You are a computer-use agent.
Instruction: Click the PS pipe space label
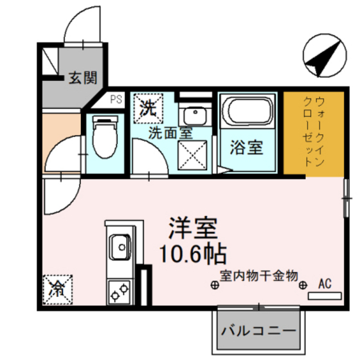tap(116, 100)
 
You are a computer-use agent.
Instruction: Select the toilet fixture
tap(102, 137)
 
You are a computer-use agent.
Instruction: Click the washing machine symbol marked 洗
tap(147, 107)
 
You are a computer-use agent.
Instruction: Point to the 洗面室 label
tap(170, 134)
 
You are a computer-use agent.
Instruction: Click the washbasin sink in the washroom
tap(192, 116)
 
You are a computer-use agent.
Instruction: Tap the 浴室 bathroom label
tap(247, 147)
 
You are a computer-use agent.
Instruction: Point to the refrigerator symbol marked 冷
tap(59, 289)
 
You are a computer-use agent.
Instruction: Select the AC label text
tap(325, 283)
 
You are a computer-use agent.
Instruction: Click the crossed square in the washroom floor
tap(192, 154)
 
